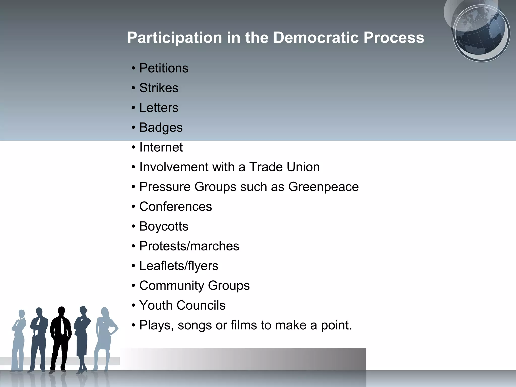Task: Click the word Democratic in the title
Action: [x=316, y=38]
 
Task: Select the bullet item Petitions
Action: [x=164, y=68]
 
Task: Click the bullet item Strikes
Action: [x=159, y=88]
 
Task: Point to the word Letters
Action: [x=159, y=108]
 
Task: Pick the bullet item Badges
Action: [x=161, y=127]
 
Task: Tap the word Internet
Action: [x=161, y=147]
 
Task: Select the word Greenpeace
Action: [x=323, y=187]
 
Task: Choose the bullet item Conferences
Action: [x=176, y=207]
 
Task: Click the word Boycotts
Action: [x=164, y=226]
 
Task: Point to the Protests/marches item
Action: [x=189, y=246]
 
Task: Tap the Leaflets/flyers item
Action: [x=179, y=266]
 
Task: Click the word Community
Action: [x=172, y=286]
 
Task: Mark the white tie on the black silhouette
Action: [x=62, y=327]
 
